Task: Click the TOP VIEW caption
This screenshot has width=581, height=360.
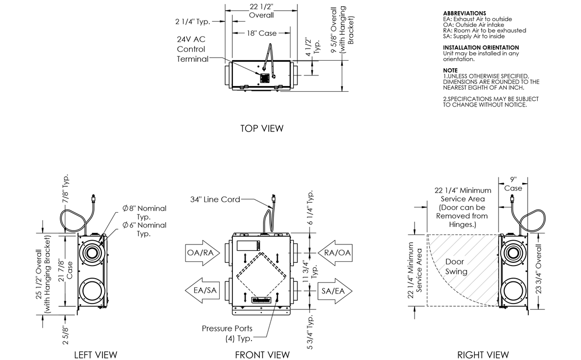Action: [x=261, y=128]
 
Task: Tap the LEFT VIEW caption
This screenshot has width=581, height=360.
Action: [x=96, y=354]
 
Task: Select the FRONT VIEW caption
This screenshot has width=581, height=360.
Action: [x=262, y=354]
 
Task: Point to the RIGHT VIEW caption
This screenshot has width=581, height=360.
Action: [x=483, y=354]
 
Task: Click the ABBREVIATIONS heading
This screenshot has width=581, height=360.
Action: [x=464, y=13]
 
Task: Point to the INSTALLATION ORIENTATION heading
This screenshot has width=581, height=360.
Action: [x=481, y=48]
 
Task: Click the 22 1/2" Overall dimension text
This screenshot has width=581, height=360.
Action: [x=261, y=11]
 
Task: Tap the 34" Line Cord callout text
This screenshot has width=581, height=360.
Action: [x=215, y=199]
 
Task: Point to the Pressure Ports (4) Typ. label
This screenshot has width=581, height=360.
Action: [x=223, y=333]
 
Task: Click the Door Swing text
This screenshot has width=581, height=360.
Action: [x=456, y=267]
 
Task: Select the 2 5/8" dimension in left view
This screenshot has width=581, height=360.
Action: [x=66, y=334]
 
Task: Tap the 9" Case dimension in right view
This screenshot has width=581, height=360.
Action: [x=513, y=184]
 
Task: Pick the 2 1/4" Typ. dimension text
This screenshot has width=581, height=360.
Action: [x=193, y=22]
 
